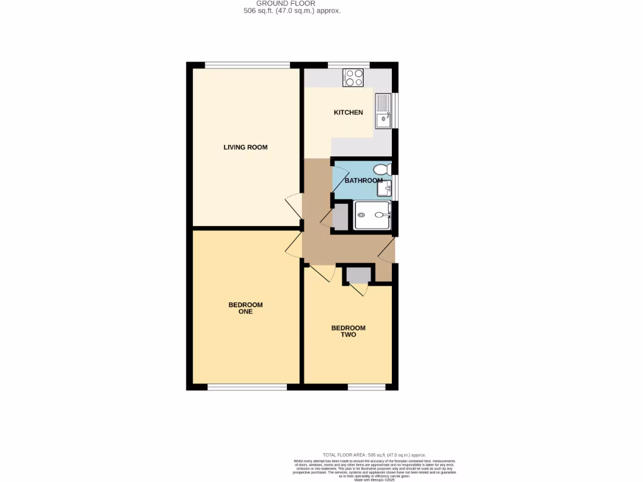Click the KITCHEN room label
348,112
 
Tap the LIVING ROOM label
246,147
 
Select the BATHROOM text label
363,181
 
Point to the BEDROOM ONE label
246,308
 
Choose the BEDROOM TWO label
349,331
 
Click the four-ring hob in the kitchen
354,77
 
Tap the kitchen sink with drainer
382,110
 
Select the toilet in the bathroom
382,169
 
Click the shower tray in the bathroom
373,215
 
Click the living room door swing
293,206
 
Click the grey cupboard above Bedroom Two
359,275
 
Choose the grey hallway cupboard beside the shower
340,215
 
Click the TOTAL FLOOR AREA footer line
374,454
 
